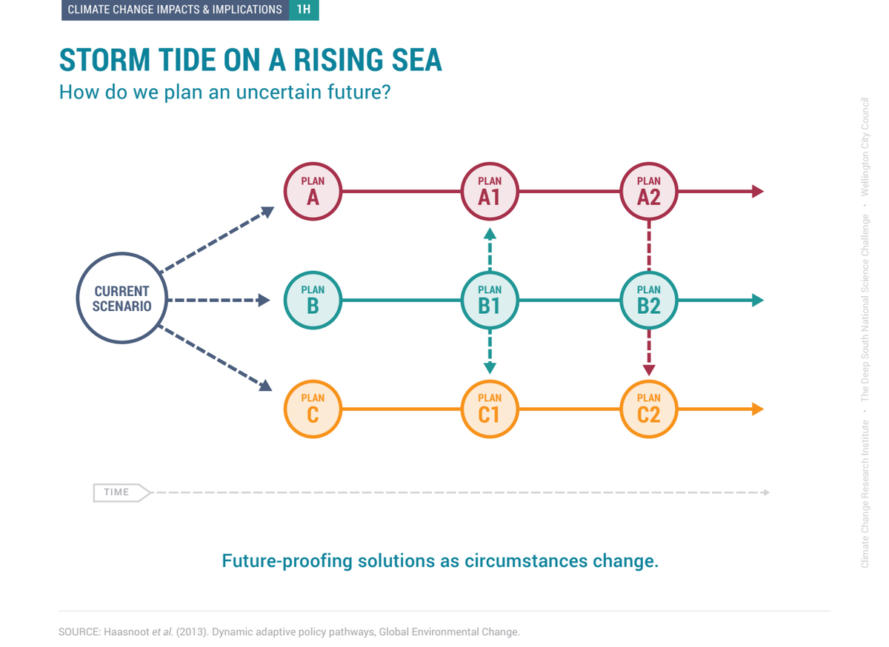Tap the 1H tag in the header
304,10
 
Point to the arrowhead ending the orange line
759,410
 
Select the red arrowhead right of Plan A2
759,192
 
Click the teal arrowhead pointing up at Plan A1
490,234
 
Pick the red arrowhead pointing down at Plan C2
650,371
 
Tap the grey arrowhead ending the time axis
768,493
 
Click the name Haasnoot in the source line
127,633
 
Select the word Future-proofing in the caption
287,562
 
